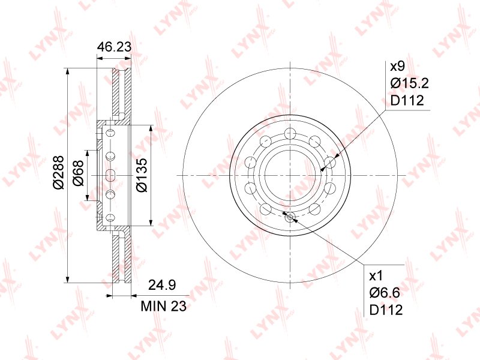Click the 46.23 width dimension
click(x=114, y=47)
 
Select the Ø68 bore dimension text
click(x=78, y=173)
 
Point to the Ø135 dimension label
click(x=142, y=175)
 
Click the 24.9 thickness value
click(x=162, y=285)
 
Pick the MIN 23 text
click(x=163, y=305)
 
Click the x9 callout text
click(x=397, y=66)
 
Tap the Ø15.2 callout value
click(x=410, y=83)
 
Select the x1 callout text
click(x=376, y=276)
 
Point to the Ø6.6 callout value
click(x=385, y=293)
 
